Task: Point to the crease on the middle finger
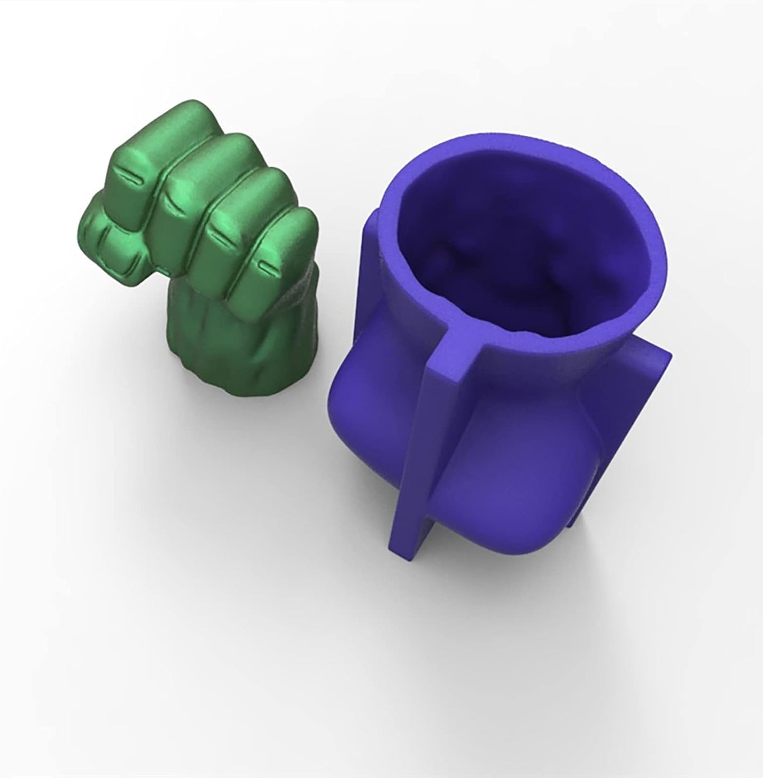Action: [x=170, y=199]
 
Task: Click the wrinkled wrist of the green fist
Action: [x=211, y=344]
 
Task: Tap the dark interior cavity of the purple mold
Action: [x=507, y=254]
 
